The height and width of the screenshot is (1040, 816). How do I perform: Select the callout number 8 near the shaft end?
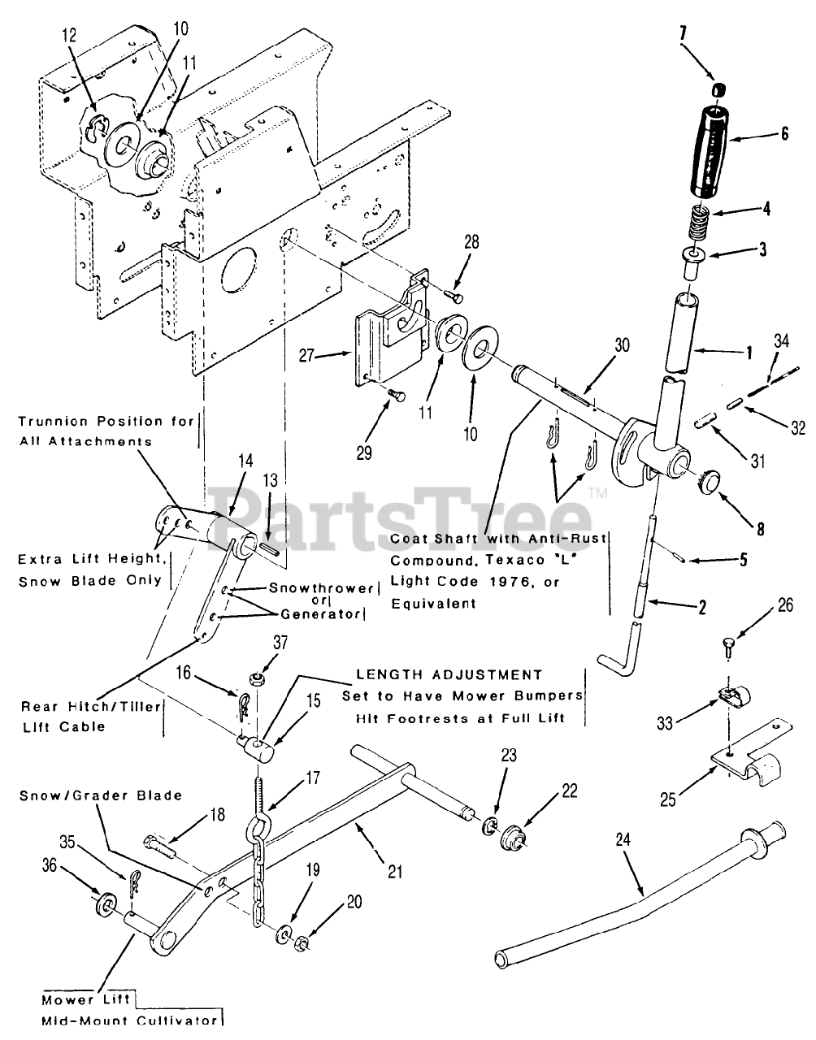[x=760, y=529]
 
